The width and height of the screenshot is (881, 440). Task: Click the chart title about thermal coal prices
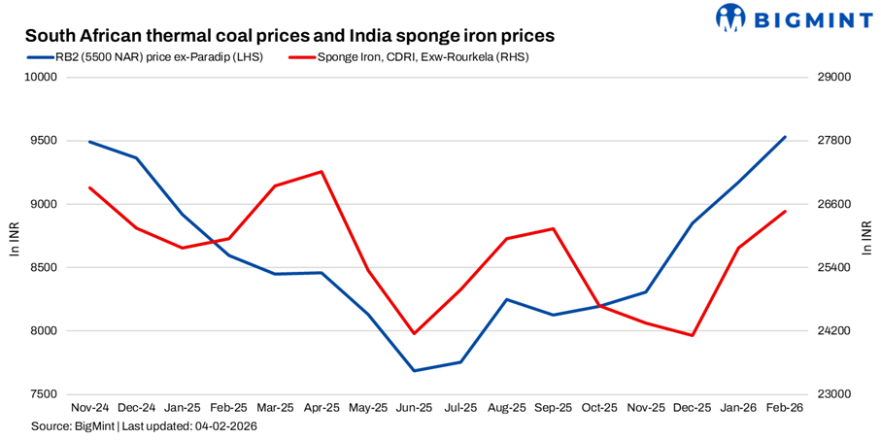[289, 35]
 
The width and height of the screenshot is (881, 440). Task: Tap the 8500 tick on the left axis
[45, 267]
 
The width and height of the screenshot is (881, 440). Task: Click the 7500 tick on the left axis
[45, 394]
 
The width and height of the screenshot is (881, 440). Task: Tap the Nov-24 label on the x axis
[89, 409]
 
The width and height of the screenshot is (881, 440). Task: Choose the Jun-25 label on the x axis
[415, 409]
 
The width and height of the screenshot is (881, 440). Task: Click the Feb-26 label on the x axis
[785, 409]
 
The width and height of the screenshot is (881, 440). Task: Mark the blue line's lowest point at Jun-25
[415, 371]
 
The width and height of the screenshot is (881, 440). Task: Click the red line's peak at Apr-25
[322, 172]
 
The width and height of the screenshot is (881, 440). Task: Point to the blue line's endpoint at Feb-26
[785, 137]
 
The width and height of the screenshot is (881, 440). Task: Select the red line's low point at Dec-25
[693, 335]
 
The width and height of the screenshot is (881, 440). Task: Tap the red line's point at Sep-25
[554, 228]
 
